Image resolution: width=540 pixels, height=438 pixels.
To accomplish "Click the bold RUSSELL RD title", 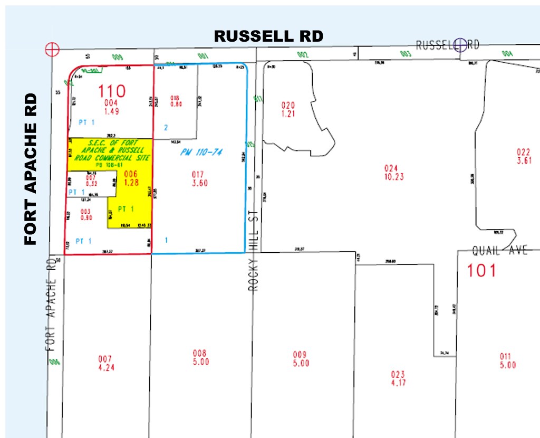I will [x=268, y=36].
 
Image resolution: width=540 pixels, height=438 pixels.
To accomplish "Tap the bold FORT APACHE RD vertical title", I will [x=32, y=169].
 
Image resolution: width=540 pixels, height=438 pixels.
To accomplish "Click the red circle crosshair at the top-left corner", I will [x=52, y=49].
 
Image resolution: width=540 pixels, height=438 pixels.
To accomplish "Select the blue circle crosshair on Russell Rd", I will [x=460, y=45].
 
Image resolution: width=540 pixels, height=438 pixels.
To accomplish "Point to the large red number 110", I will [x=112, y=91].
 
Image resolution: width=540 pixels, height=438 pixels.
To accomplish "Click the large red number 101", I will [x=482, y=271].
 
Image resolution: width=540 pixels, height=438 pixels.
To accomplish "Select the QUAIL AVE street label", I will [x=499, y=251].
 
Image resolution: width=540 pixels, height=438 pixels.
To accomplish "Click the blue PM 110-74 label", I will [x=201, y=153].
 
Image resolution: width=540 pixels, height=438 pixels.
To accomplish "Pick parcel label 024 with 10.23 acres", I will [x=394, y=172].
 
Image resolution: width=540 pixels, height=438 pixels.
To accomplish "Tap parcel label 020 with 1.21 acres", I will [x=288, y=109].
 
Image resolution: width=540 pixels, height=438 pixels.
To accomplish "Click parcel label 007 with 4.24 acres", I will [x=105, y=363].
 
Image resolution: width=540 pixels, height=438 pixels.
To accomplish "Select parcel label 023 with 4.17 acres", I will [x=398, y=378].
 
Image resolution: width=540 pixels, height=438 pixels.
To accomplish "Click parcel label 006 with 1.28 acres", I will [x=130, y=178].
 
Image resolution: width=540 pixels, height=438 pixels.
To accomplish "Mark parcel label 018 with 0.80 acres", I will [x=176, y=101].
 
